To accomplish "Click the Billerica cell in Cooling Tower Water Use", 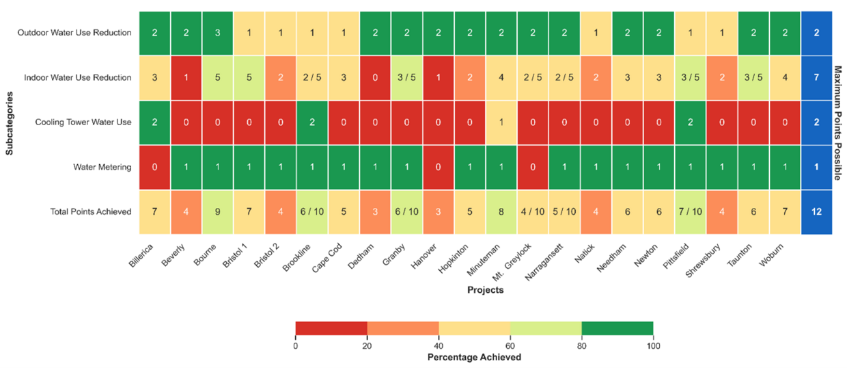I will coord(155,122).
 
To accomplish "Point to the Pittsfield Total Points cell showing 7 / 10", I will coord(691,211).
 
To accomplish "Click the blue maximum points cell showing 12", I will coord(816,211).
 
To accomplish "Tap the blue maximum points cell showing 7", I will coord(816,78).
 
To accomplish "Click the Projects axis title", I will coord(486,290).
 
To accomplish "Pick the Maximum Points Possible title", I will coord(838,123).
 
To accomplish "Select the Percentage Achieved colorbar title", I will coord(474,357).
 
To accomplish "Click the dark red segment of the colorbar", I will coord(331,329).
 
